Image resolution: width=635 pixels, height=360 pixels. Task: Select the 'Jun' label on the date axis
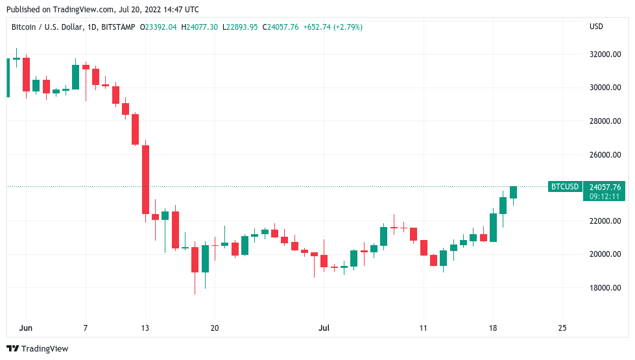point(26,328)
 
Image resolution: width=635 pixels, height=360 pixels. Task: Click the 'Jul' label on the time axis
point(324,328)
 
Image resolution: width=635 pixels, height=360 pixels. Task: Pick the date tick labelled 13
point(145,328)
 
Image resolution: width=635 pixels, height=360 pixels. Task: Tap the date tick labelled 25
point(562,328)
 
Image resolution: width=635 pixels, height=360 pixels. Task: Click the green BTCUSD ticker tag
point(564,187)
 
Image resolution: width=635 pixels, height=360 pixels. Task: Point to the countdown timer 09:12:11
point(604,196)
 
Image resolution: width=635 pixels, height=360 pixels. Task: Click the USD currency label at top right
point(596,27)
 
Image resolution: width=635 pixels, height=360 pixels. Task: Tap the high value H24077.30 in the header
point(200,27)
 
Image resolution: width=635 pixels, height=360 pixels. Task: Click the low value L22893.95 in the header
point(241,27)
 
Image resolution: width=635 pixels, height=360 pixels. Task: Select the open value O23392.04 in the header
point(160,27)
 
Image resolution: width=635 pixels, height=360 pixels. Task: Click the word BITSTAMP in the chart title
point(118,27)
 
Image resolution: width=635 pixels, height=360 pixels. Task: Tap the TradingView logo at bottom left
point(38,348)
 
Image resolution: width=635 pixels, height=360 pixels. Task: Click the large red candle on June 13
point(146,180)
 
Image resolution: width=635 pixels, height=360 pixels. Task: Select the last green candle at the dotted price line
point(513,192)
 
